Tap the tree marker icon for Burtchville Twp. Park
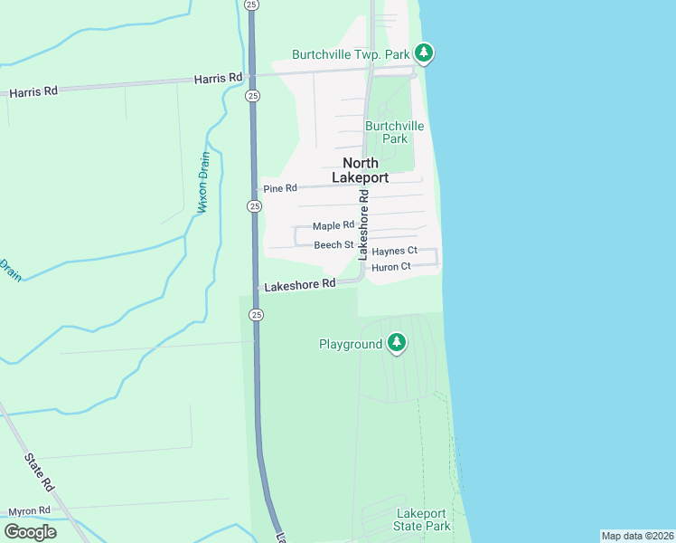click(424, 53)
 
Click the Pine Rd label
click(279, 188)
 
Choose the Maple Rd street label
click(333, 225)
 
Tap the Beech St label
click(333, 245)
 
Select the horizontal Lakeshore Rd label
click(300, 284)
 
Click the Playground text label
click(351, 345)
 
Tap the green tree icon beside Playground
click(396, 343)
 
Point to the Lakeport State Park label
click(422, 519)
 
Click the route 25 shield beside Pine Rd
click(254, 207)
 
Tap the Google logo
click(30, 532)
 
